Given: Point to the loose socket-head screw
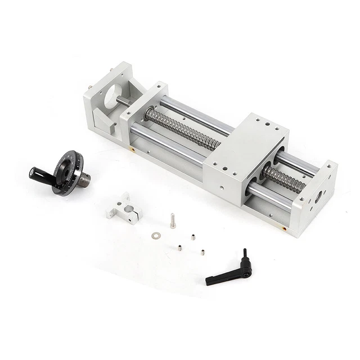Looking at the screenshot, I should pos(173,220).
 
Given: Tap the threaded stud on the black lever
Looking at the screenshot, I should pos(245,255).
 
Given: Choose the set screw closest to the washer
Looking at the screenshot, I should pos(179,247).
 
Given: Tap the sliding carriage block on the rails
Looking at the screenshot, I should pos(245,152).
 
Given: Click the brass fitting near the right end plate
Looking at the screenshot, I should pos(285,229).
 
